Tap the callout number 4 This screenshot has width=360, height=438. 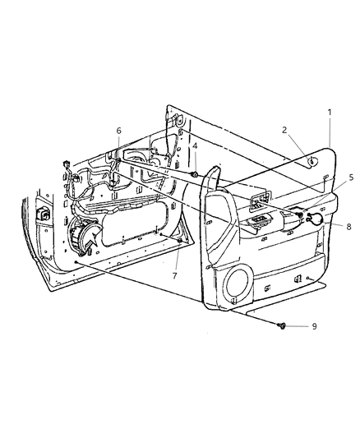click(x=195, y=147)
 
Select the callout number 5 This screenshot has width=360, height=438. click(x=329, y=201)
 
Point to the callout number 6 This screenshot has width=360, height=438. click(x=118, y=131)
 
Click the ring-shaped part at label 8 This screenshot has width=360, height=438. click(x=313, y=219)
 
